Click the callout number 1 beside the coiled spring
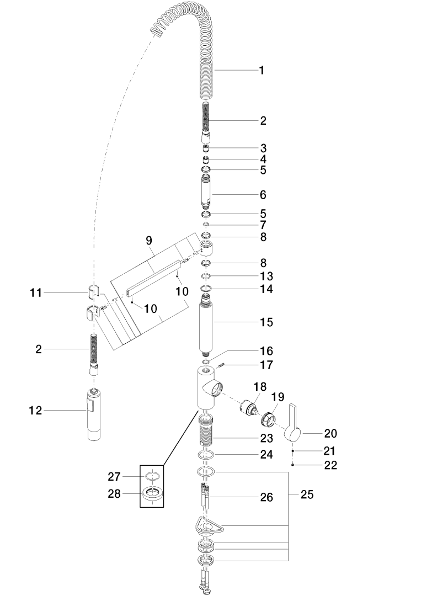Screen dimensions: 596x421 pyautogui.click(x=262, y=71)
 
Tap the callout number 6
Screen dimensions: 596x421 pyautogui.click(x=263, y=195)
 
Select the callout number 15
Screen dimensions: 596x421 pyautogui.click(x=267, y=322)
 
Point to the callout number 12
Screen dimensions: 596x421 pyautogui.click(x=35, y=410)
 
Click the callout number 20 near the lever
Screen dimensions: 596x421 pyautogui.click(x=329, y=434)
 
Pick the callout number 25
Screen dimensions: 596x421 pyautogui.click(x=307, y=495)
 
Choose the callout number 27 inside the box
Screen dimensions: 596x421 pyautogui.click(x=114, y=476)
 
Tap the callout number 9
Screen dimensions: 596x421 pyautogui.click(x=148, y=240)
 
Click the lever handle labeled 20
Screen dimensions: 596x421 pyautogui.click(x=293, y=423)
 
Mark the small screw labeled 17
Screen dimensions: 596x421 pyautogui.click(x=222, y=364)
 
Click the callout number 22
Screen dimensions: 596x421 pyautogui.click(x=331, y=465)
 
